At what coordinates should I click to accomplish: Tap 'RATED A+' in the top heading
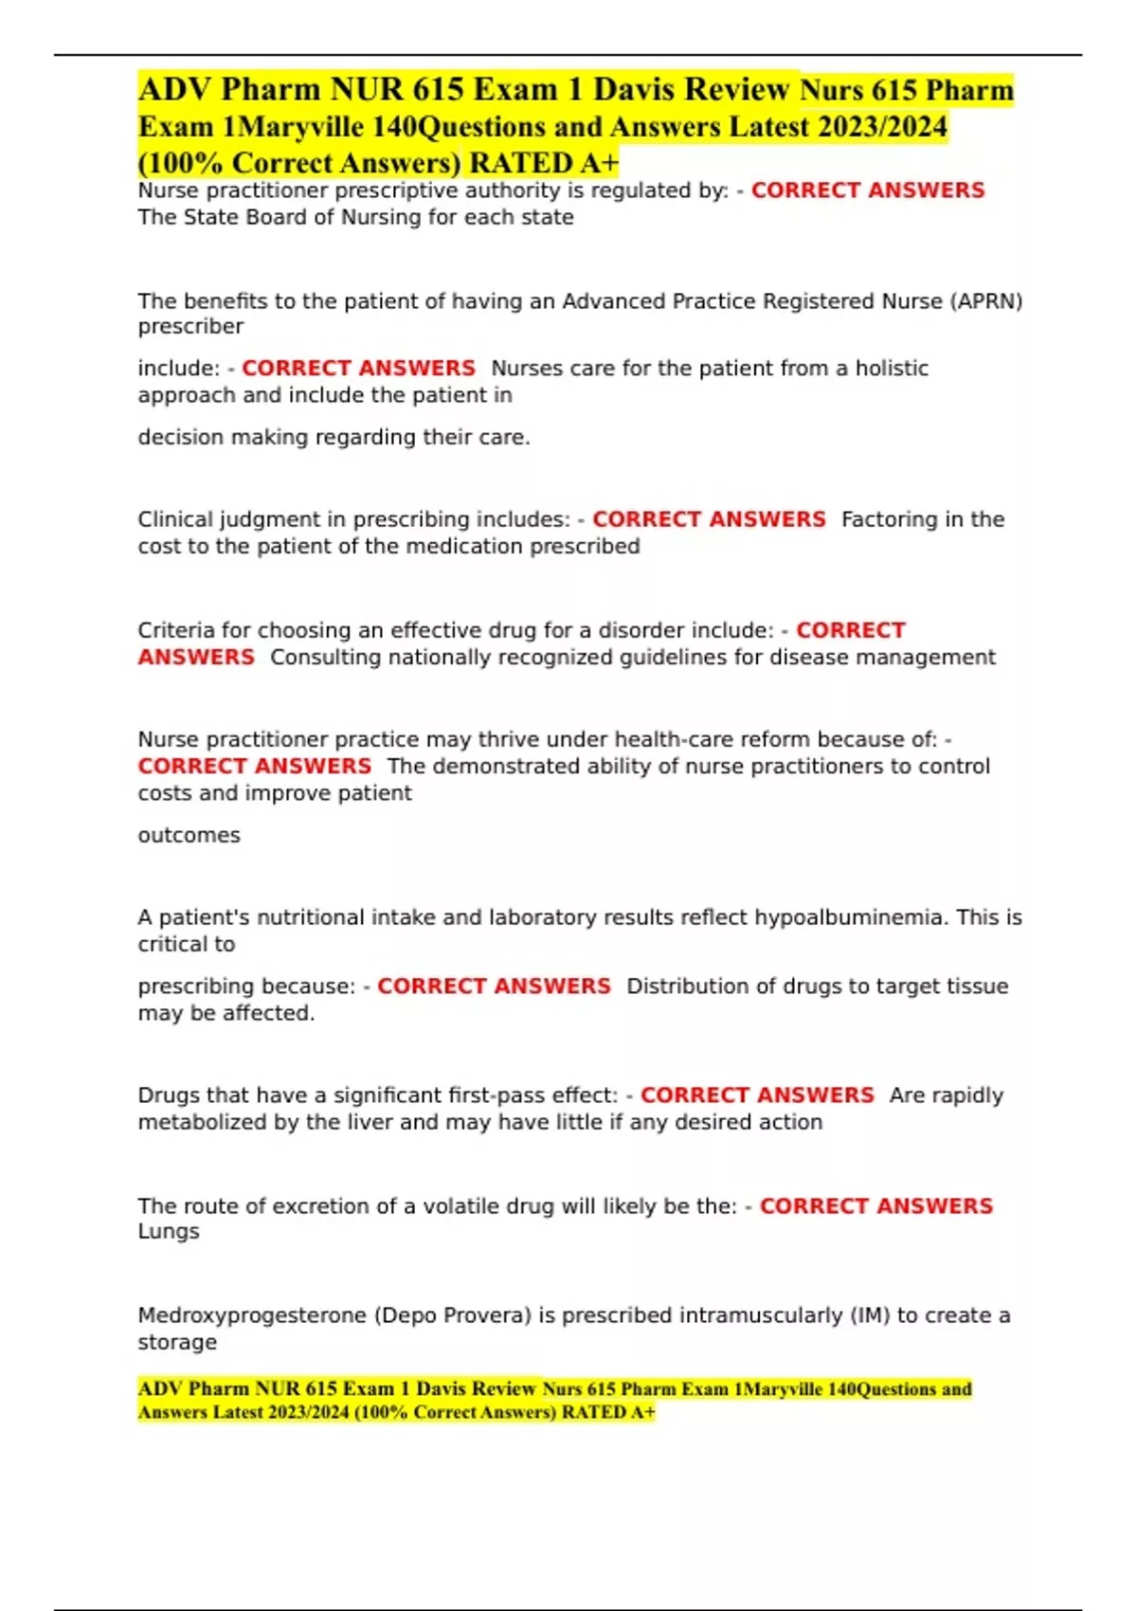click(x=544, y=163)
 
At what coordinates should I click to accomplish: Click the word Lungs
click(x=169, y=1231)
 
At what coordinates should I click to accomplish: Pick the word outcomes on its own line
click(x=189, y=835)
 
